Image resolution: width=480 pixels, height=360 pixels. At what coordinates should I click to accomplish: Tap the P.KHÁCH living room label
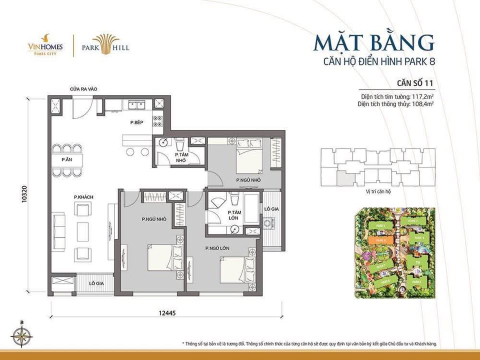coord(83,196)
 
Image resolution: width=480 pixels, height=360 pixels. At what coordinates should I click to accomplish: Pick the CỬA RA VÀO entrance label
coord(83,89)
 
